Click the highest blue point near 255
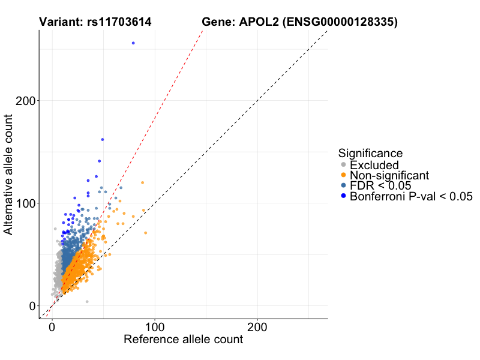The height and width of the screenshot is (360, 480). coord(133,43)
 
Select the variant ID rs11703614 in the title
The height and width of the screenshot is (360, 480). coord(112,22)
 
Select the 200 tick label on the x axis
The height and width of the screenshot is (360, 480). coord(257,329)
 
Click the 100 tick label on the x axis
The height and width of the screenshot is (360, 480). coord(155,329)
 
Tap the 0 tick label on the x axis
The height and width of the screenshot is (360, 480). coord(52,329)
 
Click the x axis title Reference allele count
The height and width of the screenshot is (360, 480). coord(183,340)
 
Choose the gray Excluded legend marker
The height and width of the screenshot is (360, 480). coord(343,165)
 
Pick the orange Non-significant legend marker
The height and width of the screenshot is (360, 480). coord(343,175)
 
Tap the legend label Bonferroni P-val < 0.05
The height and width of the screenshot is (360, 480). coord(412,196)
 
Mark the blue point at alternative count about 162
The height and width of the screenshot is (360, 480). coord(103,139)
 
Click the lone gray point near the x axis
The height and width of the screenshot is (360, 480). coord(87,302)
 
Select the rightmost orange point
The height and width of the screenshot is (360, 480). coord(146,232)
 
